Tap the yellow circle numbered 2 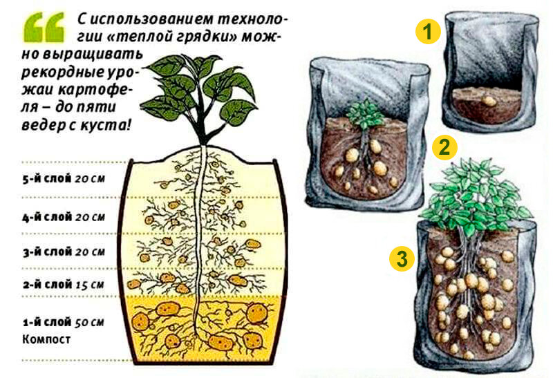pos(444,147)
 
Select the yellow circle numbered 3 pos(402,259)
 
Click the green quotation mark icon pos(45,27)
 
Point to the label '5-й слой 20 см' pos(64,179)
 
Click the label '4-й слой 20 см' pos(64,217)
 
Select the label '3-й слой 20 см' pos(64,252)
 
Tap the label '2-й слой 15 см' pos(64,285)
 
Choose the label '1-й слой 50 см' pos(64,322)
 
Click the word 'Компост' pos(46,339)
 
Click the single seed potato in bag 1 pos(489,101)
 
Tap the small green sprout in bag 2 pos(365,113)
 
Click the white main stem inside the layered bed pos(200,240)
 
